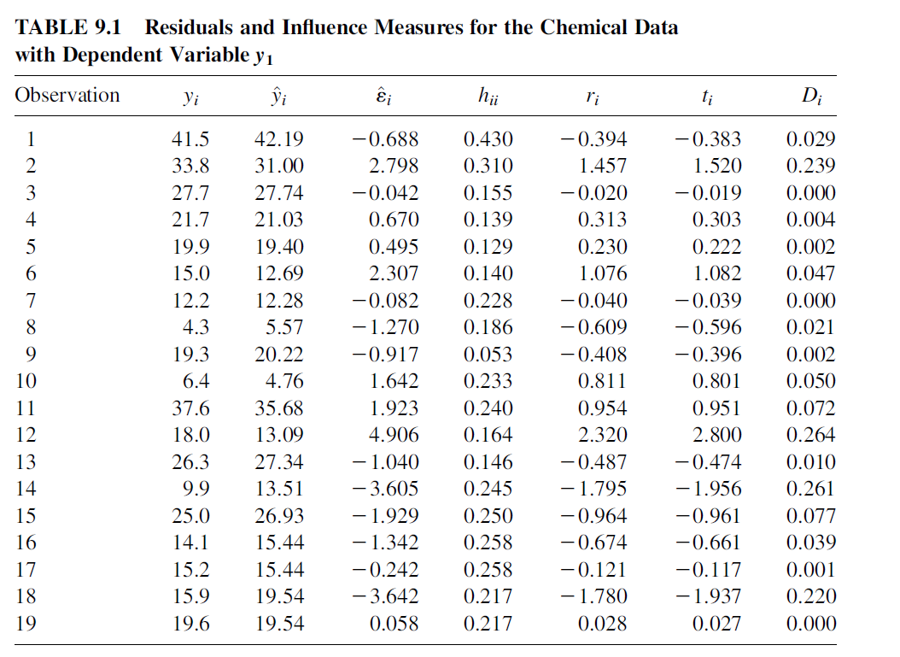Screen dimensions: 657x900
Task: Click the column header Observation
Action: click(x=67, y=95)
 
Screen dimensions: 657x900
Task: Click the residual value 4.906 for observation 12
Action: click(x=393, y=435)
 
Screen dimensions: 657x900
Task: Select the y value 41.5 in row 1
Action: click(x=190, y=139)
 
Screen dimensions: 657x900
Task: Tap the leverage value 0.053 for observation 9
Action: click(x=488, y=355)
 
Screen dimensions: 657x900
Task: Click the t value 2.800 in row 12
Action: click(x=717, y=435)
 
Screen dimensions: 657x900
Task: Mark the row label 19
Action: click(x=26, y=624)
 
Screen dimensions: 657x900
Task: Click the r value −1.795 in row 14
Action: click(x=594, y=489)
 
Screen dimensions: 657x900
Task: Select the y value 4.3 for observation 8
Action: click(x=196, y=327)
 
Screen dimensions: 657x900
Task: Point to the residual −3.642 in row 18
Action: click(x=385, y=596)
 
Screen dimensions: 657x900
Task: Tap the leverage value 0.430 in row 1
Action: click(x=488, y=139)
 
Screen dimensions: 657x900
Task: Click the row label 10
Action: click(x=26, y=381)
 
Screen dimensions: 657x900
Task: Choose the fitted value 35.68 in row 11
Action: click(x=279, y=408)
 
